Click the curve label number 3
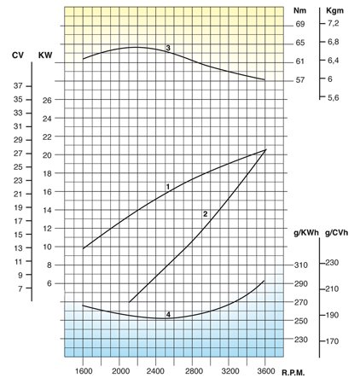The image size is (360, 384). click(x=169, y=48)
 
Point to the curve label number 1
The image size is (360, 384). click(x=168, y=186)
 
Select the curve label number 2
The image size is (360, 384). click(x=206, y=213)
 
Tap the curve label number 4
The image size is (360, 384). click(x=169, y=316)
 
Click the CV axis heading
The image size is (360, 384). click(x=18, y=55)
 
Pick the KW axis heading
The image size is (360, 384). click(x=46, y=55)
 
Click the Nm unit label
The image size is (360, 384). click(x=299, y=11)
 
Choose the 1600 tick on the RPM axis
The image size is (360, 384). click(x=84, y=372)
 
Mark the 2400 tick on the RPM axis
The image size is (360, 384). click(x=156, y=372)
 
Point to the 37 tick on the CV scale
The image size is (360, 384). click(x=18, y=86)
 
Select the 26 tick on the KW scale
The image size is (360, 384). click(x=47, y=101)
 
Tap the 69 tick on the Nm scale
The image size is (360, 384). click(x=300, y=26)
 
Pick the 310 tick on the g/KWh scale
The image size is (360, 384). click(x=301, y=265)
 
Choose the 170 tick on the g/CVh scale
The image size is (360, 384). click(x=332, y=340)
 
